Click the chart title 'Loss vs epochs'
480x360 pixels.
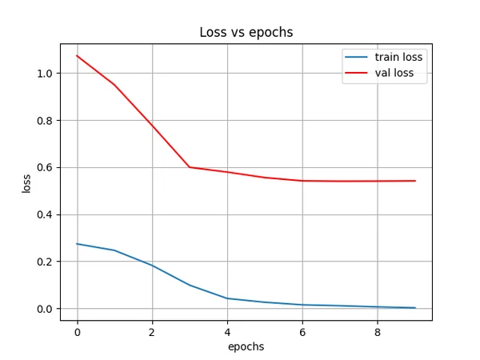pos(246,33)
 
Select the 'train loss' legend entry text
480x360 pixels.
pos(398,58)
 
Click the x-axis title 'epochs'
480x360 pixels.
pos(246,346)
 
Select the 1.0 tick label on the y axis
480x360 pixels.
pos(44,74)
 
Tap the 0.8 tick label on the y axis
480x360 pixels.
pos(44,121)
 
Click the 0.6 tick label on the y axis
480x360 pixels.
pos(44,168)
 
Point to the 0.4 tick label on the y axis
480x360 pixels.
pos(44,214)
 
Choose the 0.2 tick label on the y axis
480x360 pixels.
pos(44,262)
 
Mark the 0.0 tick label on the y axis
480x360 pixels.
pos(44,309)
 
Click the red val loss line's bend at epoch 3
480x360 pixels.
pos(190,167)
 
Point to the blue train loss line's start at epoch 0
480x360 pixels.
pos(77,244)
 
